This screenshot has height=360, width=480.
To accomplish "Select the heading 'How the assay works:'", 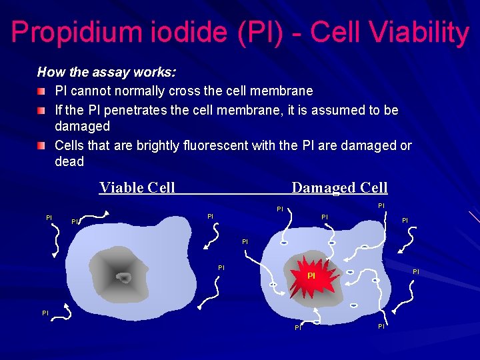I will point(106,72).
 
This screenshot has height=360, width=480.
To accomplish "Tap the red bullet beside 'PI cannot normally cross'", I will point(42,90).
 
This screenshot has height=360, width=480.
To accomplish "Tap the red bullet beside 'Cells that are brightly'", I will point(42,145).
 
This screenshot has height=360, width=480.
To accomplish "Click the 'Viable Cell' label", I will point(137,187).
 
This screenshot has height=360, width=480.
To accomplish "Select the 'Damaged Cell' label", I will point(339,188).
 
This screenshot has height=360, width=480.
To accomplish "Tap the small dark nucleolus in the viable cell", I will point(124,277).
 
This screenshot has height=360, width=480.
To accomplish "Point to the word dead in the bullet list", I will point(69,162).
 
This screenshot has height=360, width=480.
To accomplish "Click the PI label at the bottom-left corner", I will point(45,312).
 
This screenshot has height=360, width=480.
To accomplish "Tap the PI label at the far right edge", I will point(416,271).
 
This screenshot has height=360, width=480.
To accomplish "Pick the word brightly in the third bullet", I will point(154,145).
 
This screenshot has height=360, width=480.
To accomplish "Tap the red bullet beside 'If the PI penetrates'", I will point(42,109).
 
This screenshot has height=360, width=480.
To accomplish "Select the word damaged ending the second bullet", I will point(82,126).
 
